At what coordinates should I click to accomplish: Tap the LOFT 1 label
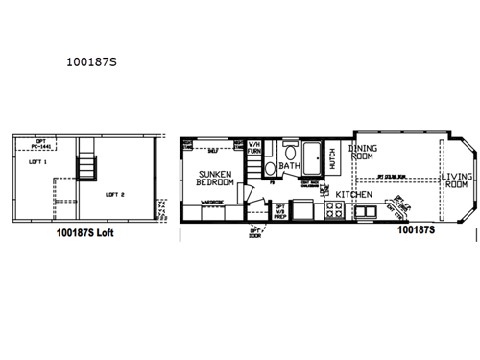click(39, 164)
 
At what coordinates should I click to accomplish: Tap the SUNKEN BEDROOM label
click(215, 177)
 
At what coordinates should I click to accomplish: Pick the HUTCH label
click(332, 160)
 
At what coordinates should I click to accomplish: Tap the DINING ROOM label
click(362, 153)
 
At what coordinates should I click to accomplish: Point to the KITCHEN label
click(353, 194)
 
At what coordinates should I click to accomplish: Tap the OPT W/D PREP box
click(279, 211)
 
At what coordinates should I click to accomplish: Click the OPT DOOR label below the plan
click(256, 231)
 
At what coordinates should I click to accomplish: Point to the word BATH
click(290, 165)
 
